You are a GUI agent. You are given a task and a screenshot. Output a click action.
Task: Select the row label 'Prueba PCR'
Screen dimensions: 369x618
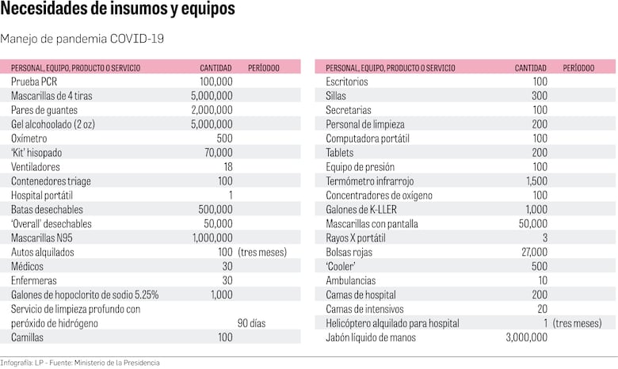(34, 82)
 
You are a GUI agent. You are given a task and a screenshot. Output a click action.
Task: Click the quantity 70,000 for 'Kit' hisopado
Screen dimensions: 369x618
(218, 152)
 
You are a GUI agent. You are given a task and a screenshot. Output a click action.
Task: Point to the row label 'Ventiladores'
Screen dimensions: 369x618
(36, 166)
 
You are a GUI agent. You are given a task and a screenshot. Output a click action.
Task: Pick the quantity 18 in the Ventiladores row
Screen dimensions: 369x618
(227, 166)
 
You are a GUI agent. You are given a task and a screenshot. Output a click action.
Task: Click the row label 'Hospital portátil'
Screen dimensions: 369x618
(44, 195)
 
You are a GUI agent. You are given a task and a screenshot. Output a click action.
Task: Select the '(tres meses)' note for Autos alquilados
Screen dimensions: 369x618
(261, 252)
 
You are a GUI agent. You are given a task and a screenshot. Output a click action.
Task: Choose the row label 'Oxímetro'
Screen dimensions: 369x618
(29, 138)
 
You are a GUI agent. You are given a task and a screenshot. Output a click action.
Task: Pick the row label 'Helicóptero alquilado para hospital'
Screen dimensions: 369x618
(392, 323)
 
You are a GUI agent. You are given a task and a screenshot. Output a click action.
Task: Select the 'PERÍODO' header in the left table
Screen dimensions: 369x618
(264, 68)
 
